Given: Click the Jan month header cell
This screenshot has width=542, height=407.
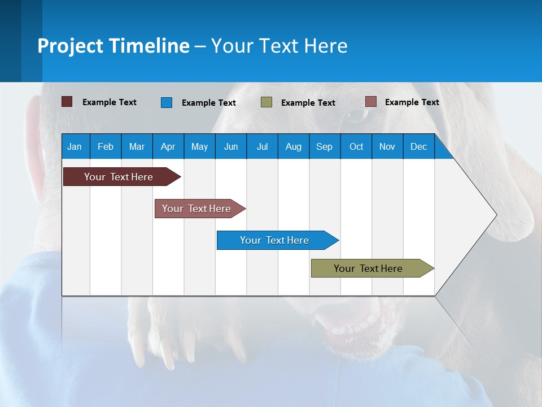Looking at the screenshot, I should pyautogui.click(x=75, y=146).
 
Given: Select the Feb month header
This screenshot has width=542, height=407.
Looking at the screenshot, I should pyautogui.click(x=106, y=146).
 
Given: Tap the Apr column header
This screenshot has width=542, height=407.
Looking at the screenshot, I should pyautogui.click(x=168, y=146).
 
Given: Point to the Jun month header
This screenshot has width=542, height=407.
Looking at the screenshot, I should pyautogui.click(x=231, y=146).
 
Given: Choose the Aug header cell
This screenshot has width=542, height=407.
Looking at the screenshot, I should pyautogui.click(x=294, y=146).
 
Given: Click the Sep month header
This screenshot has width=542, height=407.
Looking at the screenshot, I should pyautogui.click(x=325, y=146).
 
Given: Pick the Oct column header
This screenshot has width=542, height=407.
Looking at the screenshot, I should pyautogui.click(x=356, y=146).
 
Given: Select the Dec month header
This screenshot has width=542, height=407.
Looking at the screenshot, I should pyautogui.click(x=419, y=146).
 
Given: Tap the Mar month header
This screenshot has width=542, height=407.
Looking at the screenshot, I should pyautogui.click(x=137, y=146).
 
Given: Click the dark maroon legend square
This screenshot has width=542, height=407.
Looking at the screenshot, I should pyautogui.click(x=67, y=102).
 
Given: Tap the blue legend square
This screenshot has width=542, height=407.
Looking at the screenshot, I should pyautogui.click(x=167, y=102).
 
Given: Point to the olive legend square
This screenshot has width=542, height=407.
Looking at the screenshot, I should pyautogui.click(x=266, y=102).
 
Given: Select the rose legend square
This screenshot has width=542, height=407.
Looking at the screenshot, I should pyautogui.click(x=370, y=102).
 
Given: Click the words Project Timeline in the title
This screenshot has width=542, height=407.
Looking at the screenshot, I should pyautogui.click(x=113, y=46).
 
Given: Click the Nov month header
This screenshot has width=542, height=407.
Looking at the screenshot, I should pyautogui.click(x=387, y=146).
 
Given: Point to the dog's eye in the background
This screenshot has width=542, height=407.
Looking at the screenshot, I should pyautogui.click(x=357, y=115).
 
